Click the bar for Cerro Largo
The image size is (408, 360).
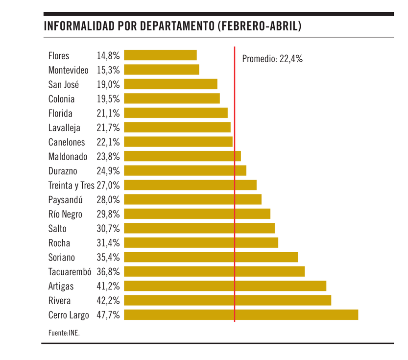(x=241, y=315)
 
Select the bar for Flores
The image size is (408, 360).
(x=160, y=55)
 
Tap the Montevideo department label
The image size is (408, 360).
(x=69, y=70)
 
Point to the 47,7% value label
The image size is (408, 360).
(x=108, y=315)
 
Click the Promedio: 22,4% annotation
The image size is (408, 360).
(x=272, y=59)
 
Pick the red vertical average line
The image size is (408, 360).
(x=235, y=196)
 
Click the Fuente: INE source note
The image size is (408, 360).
(x=64, y=333)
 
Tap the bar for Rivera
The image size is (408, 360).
(x=228, y=300)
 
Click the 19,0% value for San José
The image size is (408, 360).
(x=108, y=84)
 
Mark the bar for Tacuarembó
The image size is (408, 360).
(x=214, y=271)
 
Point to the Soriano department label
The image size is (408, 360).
(x=62, y=257)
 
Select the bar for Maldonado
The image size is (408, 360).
(x=182, y=156)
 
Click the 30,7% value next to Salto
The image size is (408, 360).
(x=108, y=228)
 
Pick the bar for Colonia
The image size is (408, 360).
(x=171, y=98)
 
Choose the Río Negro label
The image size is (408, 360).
(x=66, y=214)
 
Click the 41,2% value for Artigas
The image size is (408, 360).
(x=108, y=286)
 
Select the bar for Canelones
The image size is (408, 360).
(x=178, y=142)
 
